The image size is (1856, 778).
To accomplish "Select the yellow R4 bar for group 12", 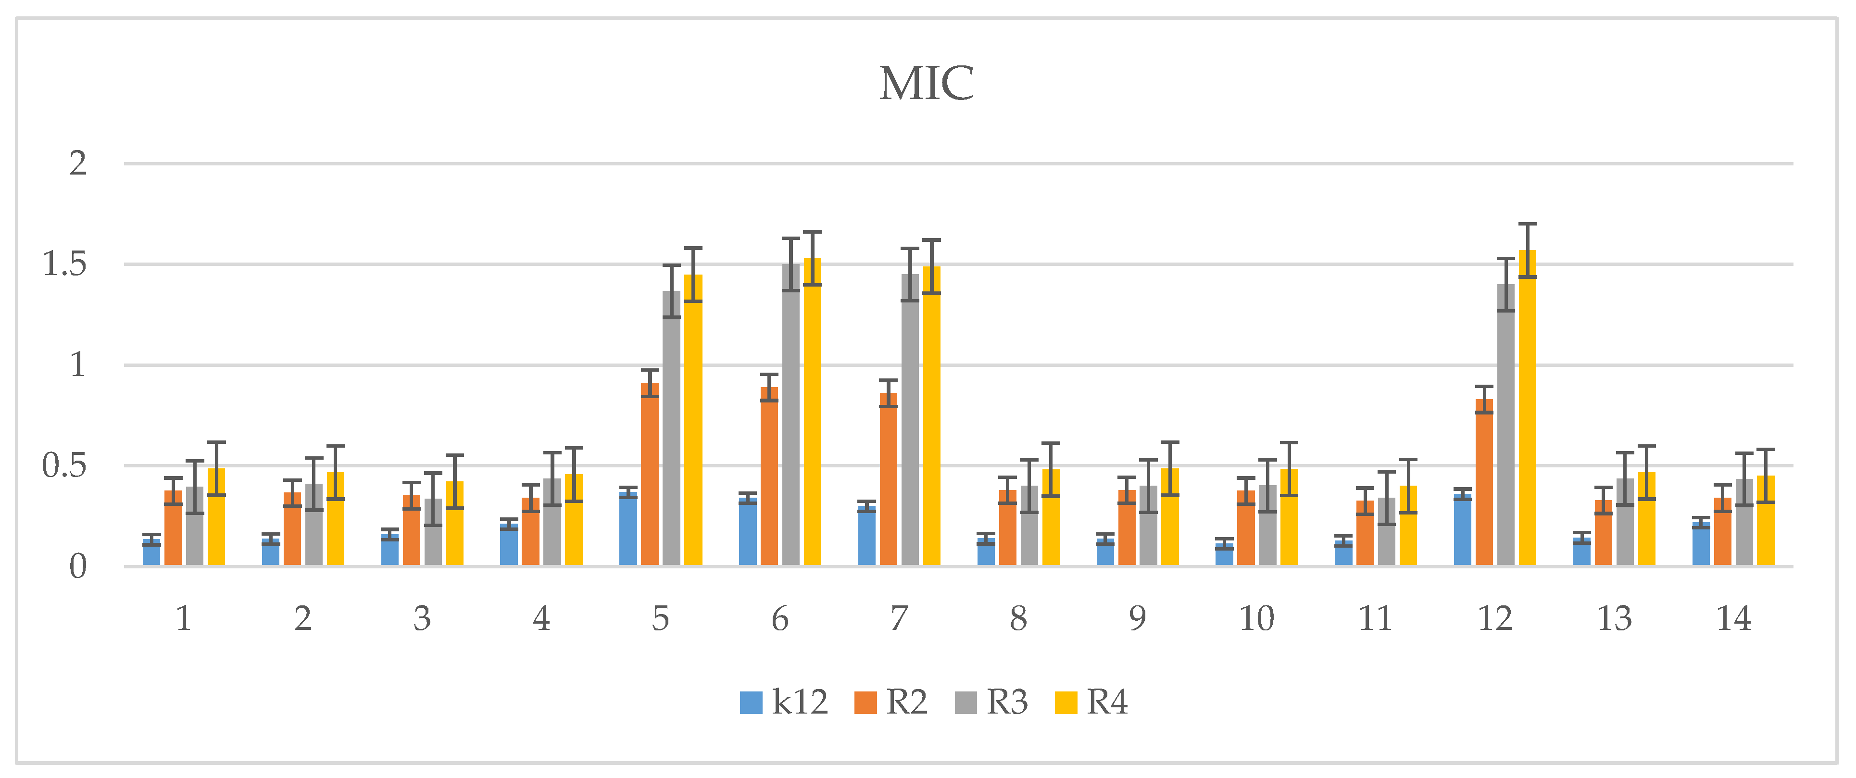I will [1528, 411].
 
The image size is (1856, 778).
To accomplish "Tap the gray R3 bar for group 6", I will [791, 418].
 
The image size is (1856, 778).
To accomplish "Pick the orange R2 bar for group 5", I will [650, 476].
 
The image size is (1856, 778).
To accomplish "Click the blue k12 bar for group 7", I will [867, 537].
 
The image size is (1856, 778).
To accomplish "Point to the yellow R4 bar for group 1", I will [216, 519].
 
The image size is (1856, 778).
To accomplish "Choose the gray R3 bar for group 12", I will [1506, 425].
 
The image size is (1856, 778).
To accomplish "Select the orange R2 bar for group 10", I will [1246, 529].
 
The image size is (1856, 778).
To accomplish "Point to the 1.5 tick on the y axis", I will [65, 264].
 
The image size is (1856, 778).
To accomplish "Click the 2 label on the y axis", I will [78, 163].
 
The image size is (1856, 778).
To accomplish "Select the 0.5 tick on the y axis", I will [65, 466].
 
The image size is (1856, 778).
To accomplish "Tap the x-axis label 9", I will [1137, 618].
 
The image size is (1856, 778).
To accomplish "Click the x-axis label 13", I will [1614, 618].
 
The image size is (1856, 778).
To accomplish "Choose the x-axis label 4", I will [541, 618].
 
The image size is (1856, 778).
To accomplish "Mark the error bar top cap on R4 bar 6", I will [813, 232].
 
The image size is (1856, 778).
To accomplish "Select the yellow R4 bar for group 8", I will [1051, 519].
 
